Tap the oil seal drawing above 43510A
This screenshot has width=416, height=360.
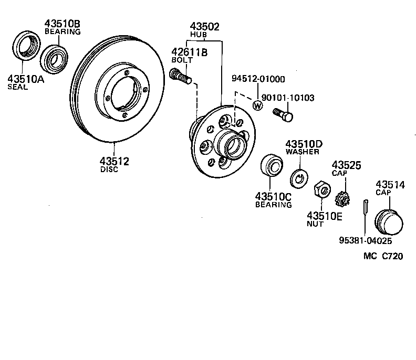pyautogui.click(x=24, y=47)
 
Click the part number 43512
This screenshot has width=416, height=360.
pyautogui.click(x=114, y=161)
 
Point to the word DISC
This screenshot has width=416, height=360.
pyautogui.click(x=109, y=170)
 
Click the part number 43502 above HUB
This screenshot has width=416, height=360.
pyautogui.click(x=205, y=26)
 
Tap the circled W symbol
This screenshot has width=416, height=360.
pyautogui.click(x=257, y=105)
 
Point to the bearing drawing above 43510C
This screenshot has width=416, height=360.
pyautogui.click(x=272, y=166)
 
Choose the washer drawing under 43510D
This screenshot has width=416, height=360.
pyautogui.click(x=300, y=178)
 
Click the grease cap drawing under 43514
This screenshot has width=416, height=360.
pyautogui.click(x=389, y=222)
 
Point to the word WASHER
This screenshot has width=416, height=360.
pyautogui.click(x=303, y=152)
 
